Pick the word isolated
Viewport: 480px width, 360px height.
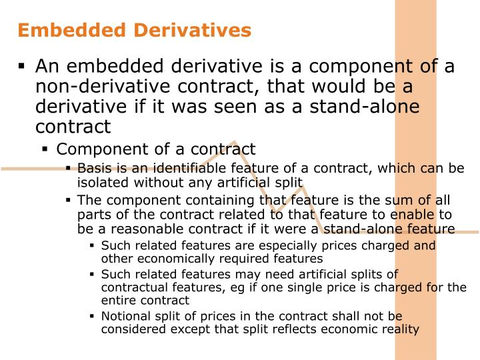[x=101, y=181]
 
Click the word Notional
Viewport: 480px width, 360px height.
[x=125, y=316]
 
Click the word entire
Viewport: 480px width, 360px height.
[x=118, y=300]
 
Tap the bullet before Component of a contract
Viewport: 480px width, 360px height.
[x=45, y=149]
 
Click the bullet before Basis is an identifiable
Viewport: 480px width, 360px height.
[x=69, y=168]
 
